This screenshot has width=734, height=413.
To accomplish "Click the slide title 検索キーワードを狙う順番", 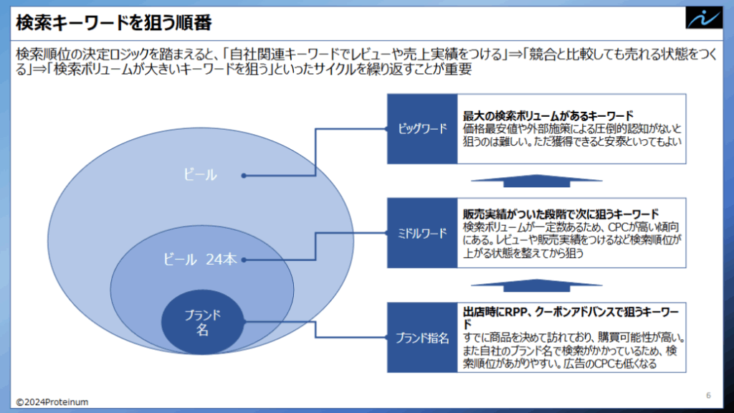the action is [114, 22].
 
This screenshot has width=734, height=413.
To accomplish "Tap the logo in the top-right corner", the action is [704, 18].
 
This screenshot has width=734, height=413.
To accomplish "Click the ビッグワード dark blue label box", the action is [422, 129].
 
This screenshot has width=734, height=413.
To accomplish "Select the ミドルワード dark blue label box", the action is [422, 233].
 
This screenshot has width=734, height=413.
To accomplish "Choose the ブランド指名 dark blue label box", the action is [422, 338].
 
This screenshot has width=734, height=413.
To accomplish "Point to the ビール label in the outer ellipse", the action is [200, 175].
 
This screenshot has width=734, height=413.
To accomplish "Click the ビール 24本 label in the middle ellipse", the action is [200, 259].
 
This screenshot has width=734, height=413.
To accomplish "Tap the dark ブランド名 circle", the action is [203, 322].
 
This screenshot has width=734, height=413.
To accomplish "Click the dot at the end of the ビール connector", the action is [244, 176].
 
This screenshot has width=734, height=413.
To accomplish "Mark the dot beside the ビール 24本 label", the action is [244, 260].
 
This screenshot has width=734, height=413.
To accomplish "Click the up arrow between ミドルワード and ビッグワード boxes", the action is [536, 181].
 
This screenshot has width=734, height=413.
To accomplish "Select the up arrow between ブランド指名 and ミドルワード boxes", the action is [536, 285].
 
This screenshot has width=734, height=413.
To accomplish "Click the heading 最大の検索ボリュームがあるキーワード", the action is [548, 115].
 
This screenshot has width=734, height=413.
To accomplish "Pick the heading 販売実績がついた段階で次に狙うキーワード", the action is [561, 214].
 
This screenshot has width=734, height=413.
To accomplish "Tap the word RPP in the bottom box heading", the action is [517, 312].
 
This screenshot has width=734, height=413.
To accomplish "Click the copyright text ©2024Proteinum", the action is [52, 402].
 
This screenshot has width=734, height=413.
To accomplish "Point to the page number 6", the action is [708, 396].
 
